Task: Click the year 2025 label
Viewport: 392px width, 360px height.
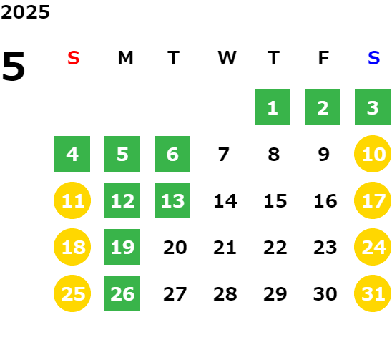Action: click(25, 12)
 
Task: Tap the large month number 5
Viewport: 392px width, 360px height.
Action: click(14, 66)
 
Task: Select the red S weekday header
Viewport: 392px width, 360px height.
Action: click(74, 58)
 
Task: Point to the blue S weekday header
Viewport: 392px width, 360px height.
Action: click(373, 58)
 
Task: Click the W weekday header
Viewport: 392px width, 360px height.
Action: click(227, 58)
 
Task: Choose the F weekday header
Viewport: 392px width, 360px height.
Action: click(324, 58)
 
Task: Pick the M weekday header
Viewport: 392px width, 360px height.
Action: click(125, 58)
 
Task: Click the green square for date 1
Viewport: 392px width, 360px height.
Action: click(273, 107)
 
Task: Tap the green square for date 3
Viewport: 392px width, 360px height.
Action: click(373, 107)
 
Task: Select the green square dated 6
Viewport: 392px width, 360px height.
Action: click(172, 154)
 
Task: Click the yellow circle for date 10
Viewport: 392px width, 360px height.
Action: click(373, 154)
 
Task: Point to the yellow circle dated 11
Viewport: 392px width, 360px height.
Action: click(72, 200)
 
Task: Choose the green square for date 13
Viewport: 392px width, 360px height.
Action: click(172, 200)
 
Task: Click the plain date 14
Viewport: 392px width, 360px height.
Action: click(225, 201)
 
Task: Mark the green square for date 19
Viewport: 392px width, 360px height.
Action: click(122, 247)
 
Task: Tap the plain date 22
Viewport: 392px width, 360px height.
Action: click(275, 248)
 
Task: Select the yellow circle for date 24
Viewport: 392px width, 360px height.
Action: click(373, 247)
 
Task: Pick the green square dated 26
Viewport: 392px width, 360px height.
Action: click(122, 293)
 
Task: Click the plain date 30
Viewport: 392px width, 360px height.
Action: click(325, 294)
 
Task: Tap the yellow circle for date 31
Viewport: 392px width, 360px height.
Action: click(373, 293)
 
